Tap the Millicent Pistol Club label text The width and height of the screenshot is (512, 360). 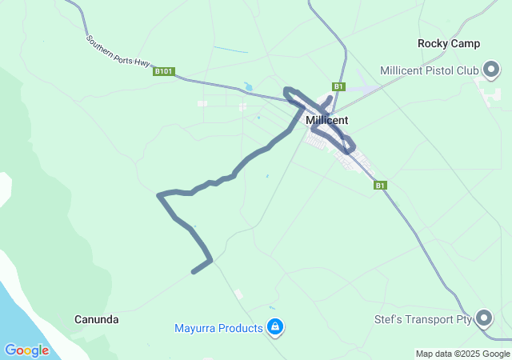(x=429, y=71)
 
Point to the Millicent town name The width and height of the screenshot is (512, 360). (x=326, y=120)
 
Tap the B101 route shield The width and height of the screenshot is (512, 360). (x=164, y=71)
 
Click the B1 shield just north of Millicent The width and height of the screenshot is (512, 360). (x=338, y=86)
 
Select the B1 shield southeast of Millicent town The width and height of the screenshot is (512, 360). (x=381, y=186)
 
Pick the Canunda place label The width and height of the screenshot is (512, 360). (x=97, y=320)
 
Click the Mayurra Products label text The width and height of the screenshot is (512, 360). (x=218, y=328)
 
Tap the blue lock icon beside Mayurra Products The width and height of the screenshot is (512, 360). (x=275, y=326)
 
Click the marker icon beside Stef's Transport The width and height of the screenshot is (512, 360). (x=485, y=318)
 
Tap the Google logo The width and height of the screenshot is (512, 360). (x=26, y=350)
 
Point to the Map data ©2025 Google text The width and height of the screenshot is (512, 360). (x=462, y=354)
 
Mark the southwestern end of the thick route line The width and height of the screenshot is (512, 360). (x=194, y=272)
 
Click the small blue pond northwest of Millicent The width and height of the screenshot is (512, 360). (x=248, y=86)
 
